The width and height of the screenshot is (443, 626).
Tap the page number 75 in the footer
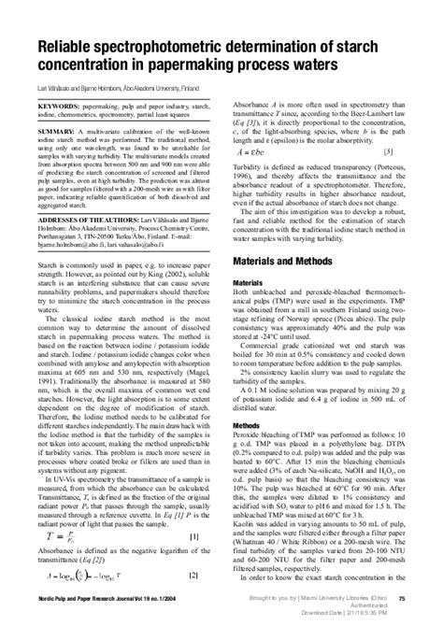point(425,598)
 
